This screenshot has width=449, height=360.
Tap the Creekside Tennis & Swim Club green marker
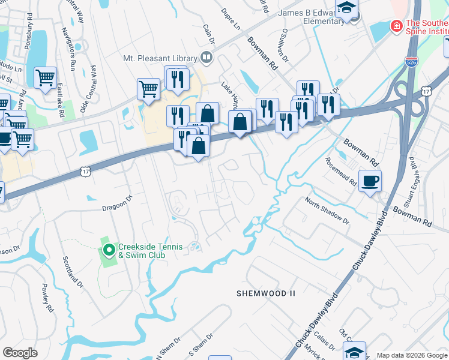[109, 250]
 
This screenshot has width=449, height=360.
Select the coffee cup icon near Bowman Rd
[370, 179]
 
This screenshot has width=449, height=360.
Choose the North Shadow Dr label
[327, 211]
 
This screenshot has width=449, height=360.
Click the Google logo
[20, 353]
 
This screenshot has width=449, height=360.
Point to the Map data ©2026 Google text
[411, 355]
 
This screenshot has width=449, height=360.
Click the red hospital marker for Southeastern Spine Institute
[396, 26]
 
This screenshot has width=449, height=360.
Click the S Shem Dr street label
[202, 344]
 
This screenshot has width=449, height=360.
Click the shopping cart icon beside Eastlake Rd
[45, 78]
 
